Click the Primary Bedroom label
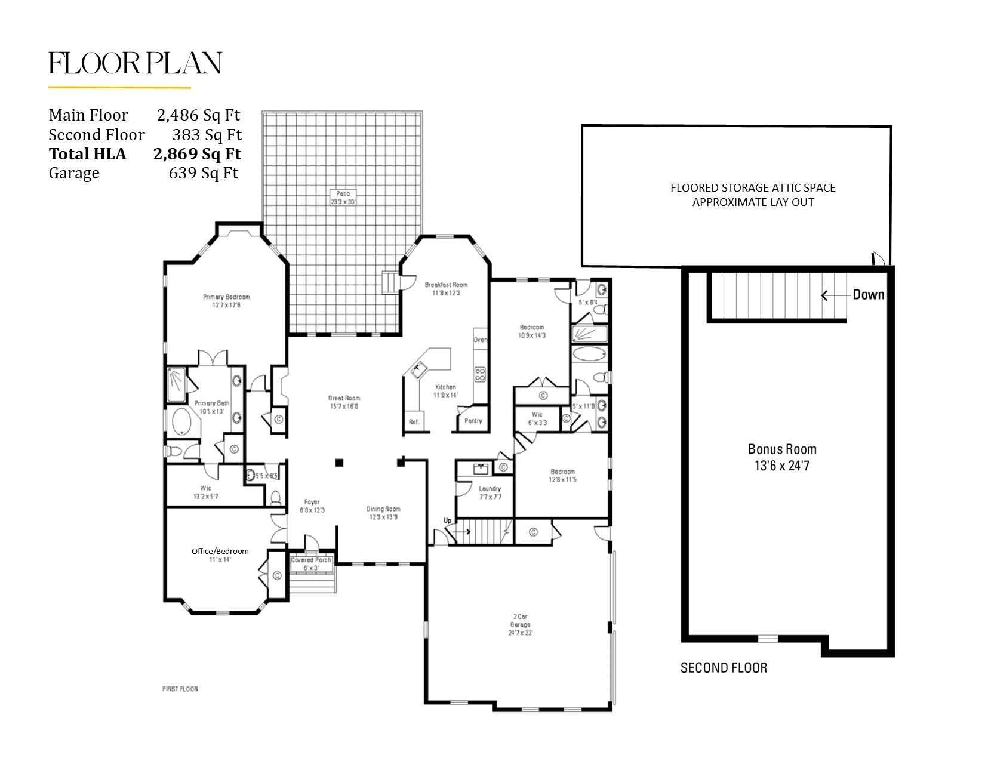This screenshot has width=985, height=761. [226, 297]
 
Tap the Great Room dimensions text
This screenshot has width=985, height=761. [344, 406]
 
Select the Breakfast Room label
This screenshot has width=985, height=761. [446, 285]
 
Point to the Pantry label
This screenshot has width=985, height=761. [473, 421]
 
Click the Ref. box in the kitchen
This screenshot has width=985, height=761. [414, 421]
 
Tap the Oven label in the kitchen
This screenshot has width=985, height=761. [480, 340]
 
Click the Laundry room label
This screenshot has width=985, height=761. [490, 488]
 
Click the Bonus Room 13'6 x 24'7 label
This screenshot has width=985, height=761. [782, 457]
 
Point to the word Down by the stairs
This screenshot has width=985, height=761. [868, 294]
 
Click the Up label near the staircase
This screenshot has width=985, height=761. [447, 520]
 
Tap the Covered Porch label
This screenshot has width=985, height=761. [310, 560]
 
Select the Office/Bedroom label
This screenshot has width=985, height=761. [220, 551]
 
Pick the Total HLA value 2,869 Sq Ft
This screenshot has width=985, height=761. [197, 154]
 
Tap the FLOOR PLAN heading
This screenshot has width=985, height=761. [135, 63]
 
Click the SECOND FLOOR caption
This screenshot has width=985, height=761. [724, 667]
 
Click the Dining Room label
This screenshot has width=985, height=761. [383, 509]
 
